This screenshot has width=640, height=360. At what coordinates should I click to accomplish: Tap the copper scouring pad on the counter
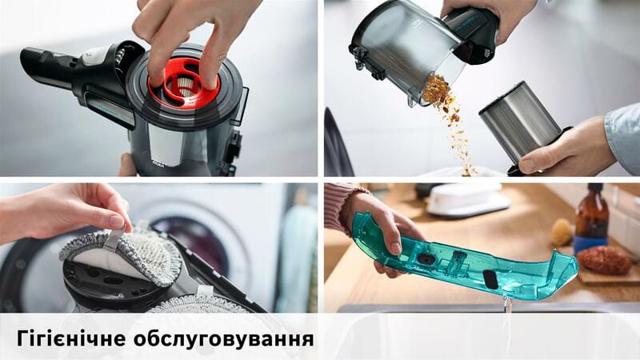click(605, 259)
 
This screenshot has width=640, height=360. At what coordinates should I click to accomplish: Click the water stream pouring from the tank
click(506, 324)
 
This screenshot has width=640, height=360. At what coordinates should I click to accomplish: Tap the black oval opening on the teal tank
click(490, 278)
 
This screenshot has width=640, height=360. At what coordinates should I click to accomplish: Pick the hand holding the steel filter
click(560, 148)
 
